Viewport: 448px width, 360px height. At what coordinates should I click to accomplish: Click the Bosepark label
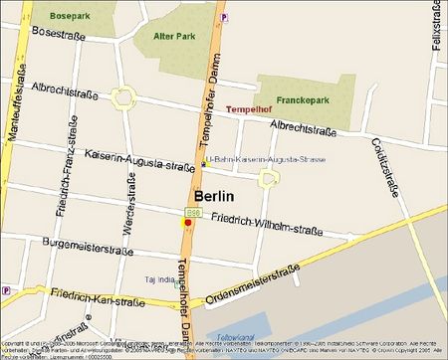coord(67,16)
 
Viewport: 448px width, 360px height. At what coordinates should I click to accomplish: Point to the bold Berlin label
coord(219,195)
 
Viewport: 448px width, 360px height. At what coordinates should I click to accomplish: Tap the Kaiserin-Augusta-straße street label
coord(139,160)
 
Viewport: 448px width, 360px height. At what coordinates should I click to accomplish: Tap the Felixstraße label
coord(436,29)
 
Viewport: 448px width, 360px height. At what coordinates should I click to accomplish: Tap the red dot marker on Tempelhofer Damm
coord(187,224)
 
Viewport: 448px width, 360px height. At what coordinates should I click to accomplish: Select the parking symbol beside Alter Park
coord(224,17)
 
